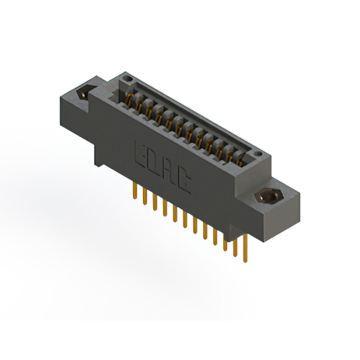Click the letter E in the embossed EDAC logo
141,153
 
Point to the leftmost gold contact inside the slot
130,100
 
